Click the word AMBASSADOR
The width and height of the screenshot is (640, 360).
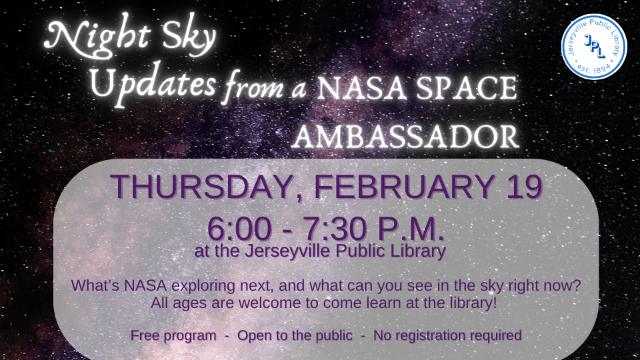[x=405, y=137]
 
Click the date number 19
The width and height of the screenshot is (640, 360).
[x=523, y=187]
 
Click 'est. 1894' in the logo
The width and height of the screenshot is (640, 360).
[x=593, y=68]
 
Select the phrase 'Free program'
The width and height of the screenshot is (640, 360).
[x=173, y=335]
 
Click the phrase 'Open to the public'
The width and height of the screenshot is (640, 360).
[x=295, y=335]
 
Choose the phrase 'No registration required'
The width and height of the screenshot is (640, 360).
[x=447, y=335]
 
